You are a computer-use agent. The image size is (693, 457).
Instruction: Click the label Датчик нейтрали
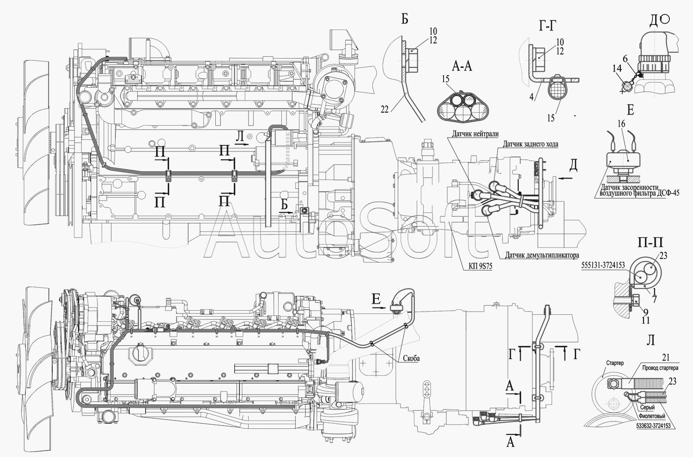point(472,134)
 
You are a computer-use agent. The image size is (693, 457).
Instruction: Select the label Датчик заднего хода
point(528,144)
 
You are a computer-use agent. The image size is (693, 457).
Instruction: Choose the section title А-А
point(462,67)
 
